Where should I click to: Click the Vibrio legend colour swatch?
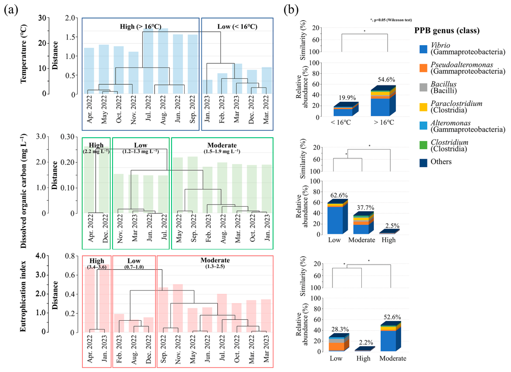tap(423, 49)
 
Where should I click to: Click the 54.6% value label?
tap(386, 79)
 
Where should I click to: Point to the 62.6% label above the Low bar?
tap(339, 195)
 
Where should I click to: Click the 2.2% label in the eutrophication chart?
tap(366, 342)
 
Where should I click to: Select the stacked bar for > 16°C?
tap(384, 101)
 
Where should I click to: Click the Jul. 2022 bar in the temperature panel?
tap(148, 61)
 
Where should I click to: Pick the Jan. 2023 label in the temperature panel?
tap(207, 109)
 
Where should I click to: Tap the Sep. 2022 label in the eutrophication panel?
tap(163, 348)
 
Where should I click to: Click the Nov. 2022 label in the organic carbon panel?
tap(120, 228)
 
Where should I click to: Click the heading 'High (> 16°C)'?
tap(141, 27)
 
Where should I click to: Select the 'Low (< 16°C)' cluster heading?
tap(237, 27)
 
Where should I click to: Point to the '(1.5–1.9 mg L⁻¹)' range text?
tap(222, 151)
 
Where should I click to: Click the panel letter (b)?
tap(291, 10)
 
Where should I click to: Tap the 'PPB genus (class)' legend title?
tap(447, 31)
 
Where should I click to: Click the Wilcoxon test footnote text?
tap(391, 20)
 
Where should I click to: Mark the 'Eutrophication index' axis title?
tap(23, 296)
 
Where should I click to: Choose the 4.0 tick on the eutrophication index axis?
tap(41, 256)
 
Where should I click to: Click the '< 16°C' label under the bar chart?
tap(341, 123)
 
